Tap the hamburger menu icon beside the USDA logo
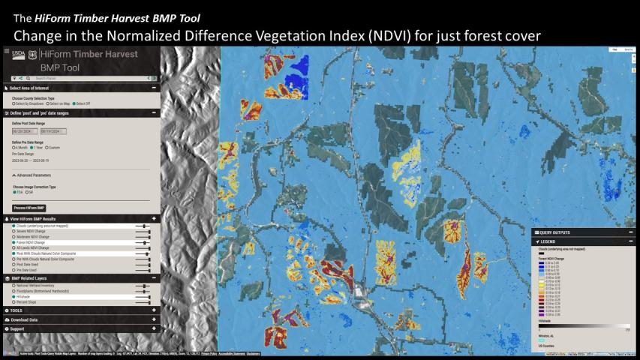(7, 52)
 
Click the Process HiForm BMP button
(29, 208)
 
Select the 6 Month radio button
(14, 148)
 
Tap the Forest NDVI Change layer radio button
(14, 243)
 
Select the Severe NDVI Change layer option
(14, 231)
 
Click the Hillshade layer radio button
(14, 296)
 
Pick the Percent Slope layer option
(14, 302)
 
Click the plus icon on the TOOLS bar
(154, 310)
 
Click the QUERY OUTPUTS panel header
(555, 232)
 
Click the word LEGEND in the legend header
(548, 241)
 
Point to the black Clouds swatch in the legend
(542, 253)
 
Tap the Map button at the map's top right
(613, 49)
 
